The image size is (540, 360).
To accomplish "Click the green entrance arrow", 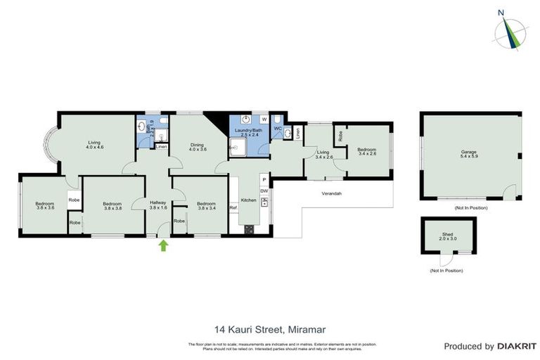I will click(x=164, y=245).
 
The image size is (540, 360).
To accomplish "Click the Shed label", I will click(x=448, y=236).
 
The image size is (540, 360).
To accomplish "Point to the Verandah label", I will click(x=332, y=193).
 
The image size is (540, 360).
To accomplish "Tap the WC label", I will click(x=278, y=129).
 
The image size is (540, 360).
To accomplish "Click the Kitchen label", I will click(x=249, y=200).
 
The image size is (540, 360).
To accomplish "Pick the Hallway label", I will click(x=158, y=205).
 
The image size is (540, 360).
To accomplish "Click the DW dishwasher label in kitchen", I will click(x=264, y=191).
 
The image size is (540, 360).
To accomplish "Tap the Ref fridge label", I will click(x=233, y=207).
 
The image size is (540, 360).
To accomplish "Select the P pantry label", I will click(x=264, y=178).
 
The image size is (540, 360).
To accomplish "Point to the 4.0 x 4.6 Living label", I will click(x=95, y=145).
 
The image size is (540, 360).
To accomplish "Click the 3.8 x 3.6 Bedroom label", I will click(x=45, y=206).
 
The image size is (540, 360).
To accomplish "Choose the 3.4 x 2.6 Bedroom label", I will click(x=366, y=151).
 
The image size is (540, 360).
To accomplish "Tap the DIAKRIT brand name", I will click(x=517, y=346).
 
